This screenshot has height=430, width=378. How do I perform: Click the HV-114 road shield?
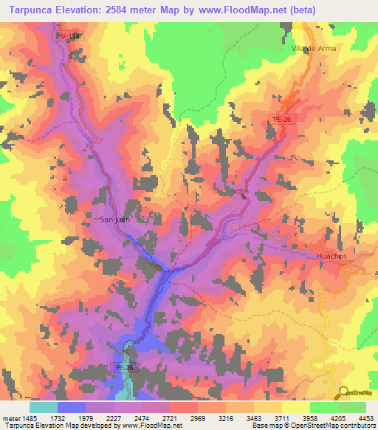point(66,35)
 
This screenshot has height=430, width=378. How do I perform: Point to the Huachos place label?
point(331,256)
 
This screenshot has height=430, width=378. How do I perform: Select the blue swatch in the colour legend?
point(72,407)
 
